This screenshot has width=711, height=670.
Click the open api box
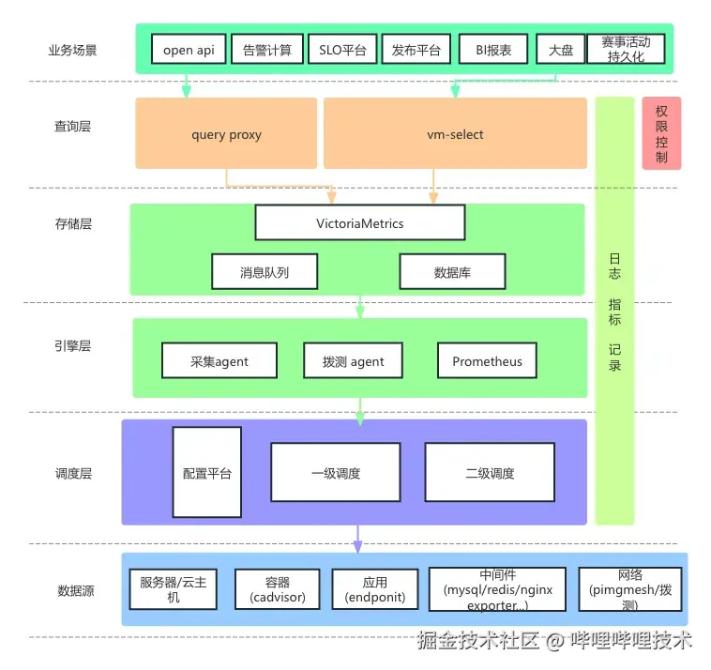(x=189, y=50)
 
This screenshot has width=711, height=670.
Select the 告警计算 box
(x=266, y=50)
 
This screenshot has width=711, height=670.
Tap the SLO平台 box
(x=342, y=50)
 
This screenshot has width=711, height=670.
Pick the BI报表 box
(x=493, y=50)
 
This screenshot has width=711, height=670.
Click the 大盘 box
(x=561, y=50)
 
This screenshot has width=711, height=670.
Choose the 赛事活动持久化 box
(x=626, y=50)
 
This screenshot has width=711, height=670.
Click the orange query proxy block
(x=226, y=134)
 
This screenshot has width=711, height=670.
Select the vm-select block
(x=455, y=134)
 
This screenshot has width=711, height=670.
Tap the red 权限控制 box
(x=661, y=133)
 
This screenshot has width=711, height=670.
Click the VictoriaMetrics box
(x=360, y=223)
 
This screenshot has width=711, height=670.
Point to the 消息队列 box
(x=265, y=272)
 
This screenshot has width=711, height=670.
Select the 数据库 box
(x=452, y=272)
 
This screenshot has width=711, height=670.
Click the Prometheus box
(x=487, y=361)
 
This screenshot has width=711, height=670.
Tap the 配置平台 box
(x=206, y=473)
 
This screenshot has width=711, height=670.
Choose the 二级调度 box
(x=490, y=473)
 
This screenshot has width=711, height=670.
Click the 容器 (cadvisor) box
(x=277, y=589)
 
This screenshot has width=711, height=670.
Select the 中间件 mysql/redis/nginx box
(x=497, y=589)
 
